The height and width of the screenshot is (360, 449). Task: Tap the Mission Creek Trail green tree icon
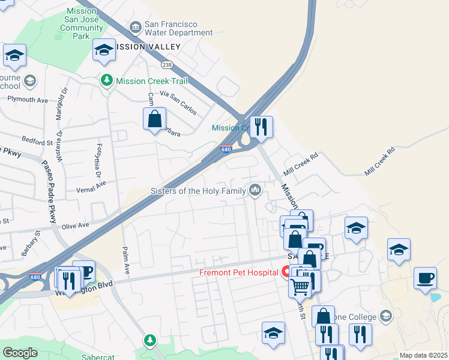107,80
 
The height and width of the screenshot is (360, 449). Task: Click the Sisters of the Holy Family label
198,191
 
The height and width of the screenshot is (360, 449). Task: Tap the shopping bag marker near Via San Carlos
154,118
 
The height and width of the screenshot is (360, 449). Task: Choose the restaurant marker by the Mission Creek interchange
261,127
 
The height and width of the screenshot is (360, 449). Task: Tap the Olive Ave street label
76,225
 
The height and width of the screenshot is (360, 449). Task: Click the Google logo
20,353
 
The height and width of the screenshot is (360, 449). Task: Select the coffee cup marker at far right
425,278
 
